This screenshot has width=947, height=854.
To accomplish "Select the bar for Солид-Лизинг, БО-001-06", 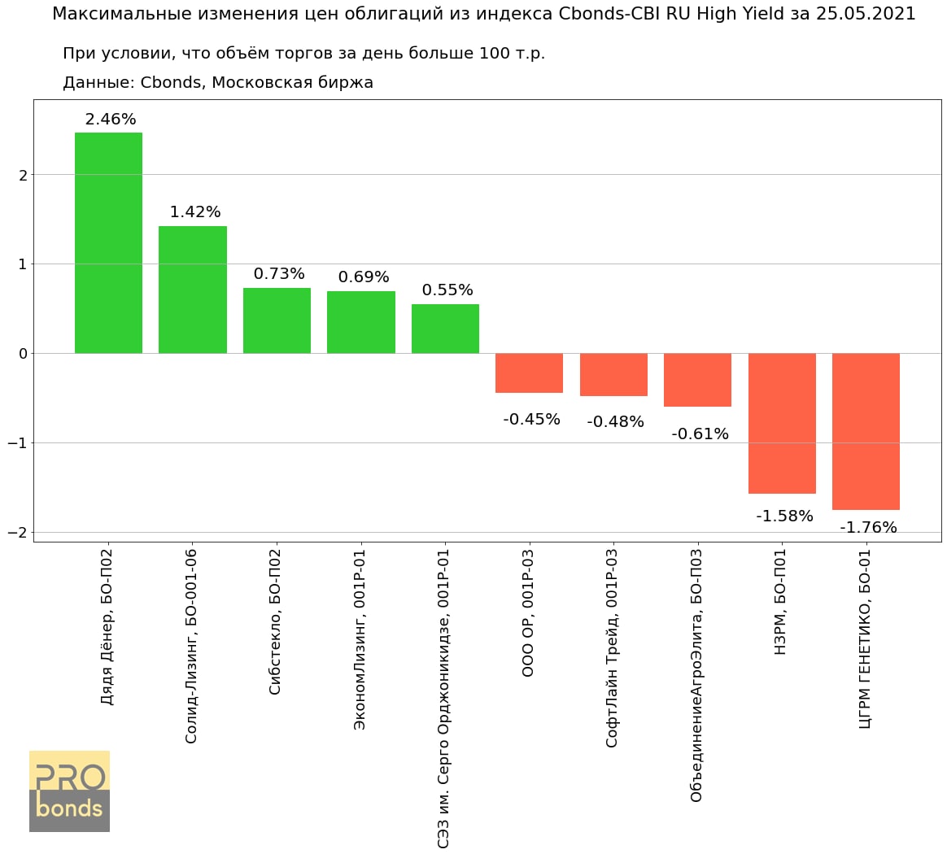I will [x=193, y=290].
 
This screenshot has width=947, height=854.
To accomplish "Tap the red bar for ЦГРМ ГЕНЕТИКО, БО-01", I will [x=866, y=431].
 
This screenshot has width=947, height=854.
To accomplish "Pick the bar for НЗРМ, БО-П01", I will [x=782, y=423].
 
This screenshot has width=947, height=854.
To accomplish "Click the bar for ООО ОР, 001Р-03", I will [x=530, y=373].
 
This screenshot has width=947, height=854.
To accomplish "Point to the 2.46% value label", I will [x=111, y=120].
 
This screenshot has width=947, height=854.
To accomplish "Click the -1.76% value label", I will [x=868, y=528].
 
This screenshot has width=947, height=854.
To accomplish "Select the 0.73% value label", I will [x=279, y=274].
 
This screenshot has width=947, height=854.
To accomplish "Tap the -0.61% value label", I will [x=700, y=434].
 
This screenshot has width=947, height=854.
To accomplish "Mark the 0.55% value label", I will [x=447, y=290].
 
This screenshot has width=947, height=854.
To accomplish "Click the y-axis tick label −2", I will [x=17, y=533].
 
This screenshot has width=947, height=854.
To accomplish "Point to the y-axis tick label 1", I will [x=23, y=264].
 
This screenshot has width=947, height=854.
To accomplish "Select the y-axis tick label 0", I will [x=23, y=354].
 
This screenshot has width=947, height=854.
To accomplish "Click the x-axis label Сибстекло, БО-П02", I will [x=275, y=622].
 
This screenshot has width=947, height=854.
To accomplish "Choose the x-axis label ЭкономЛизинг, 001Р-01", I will [x=360, y=639].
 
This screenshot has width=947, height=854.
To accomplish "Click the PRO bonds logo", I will [x=69, y=791].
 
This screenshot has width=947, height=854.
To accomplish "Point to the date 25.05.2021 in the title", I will [x=865, y=14].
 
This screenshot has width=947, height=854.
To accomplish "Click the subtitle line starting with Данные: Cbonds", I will [x=218, y=83].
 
